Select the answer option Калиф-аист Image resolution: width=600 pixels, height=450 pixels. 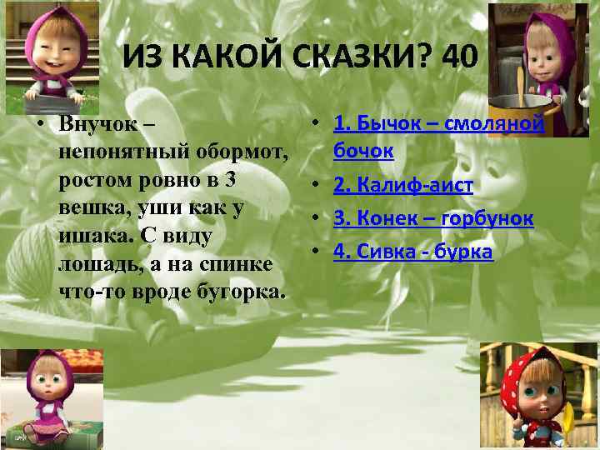[403, 184]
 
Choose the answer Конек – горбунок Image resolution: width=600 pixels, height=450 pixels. [433, 218]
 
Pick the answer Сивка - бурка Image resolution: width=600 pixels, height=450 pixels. [413, 251]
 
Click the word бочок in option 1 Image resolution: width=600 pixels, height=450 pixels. [363, 152]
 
